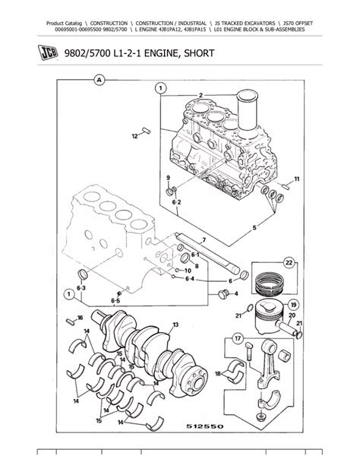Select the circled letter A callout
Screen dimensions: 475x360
pos(98,79)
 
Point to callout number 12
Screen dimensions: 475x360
pos(135,137)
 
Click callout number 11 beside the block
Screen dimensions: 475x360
pos(296,179)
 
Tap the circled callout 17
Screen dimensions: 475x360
pos(237,339)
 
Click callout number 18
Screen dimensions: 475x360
pos(218,373)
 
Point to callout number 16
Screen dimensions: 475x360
pos(79,318)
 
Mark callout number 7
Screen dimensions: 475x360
pos(203,239)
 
